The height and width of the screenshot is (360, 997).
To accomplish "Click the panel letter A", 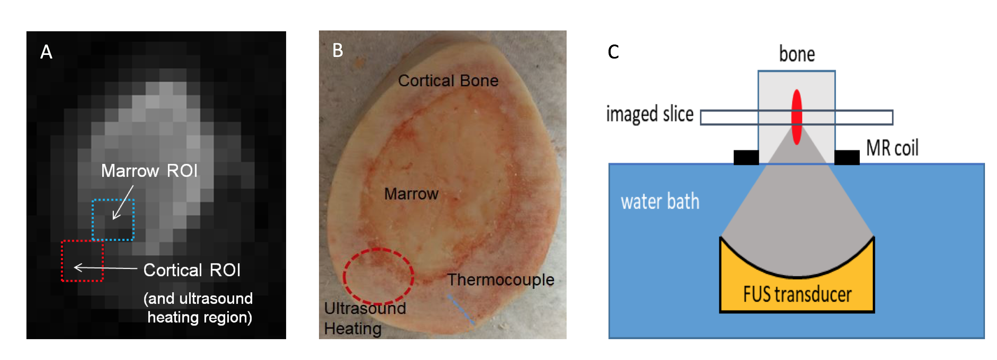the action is point(46,52).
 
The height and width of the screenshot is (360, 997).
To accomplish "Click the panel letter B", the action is point(338,51).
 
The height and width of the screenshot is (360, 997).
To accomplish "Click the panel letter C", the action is point(613,52).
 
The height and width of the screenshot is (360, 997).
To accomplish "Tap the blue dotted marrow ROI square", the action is point(113,220).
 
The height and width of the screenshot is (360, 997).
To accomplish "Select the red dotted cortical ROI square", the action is point(82,261).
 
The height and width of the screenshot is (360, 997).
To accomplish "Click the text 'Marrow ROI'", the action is point(149,171).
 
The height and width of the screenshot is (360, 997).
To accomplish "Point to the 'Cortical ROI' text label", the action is point(192,270).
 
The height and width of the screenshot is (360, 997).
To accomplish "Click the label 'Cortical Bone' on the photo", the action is point(448,81).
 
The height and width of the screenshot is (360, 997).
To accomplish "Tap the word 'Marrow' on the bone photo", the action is point(411,194).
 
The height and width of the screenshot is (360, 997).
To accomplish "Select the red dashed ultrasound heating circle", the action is point(378,276).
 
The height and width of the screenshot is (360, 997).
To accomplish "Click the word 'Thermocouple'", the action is point(501,280).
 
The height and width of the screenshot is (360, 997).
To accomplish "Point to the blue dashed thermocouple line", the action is point(461,309).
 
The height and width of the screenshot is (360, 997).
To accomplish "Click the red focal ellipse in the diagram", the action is point(797,117).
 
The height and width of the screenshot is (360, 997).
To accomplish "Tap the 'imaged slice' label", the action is point(650,114).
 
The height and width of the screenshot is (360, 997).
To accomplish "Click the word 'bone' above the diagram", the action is point(797,54).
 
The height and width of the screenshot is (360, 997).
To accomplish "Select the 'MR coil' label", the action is point(892,148).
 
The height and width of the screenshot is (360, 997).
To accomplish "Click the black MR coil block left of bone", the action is point(746,158).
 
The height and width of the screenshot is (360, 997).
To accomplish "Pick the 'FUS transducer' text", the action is point(797,295).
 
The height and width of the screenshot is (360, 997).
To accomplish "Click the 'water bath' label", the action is point(660,201).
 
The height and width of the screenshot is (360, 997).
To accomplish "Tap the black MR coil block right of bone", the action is point(847,158).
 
